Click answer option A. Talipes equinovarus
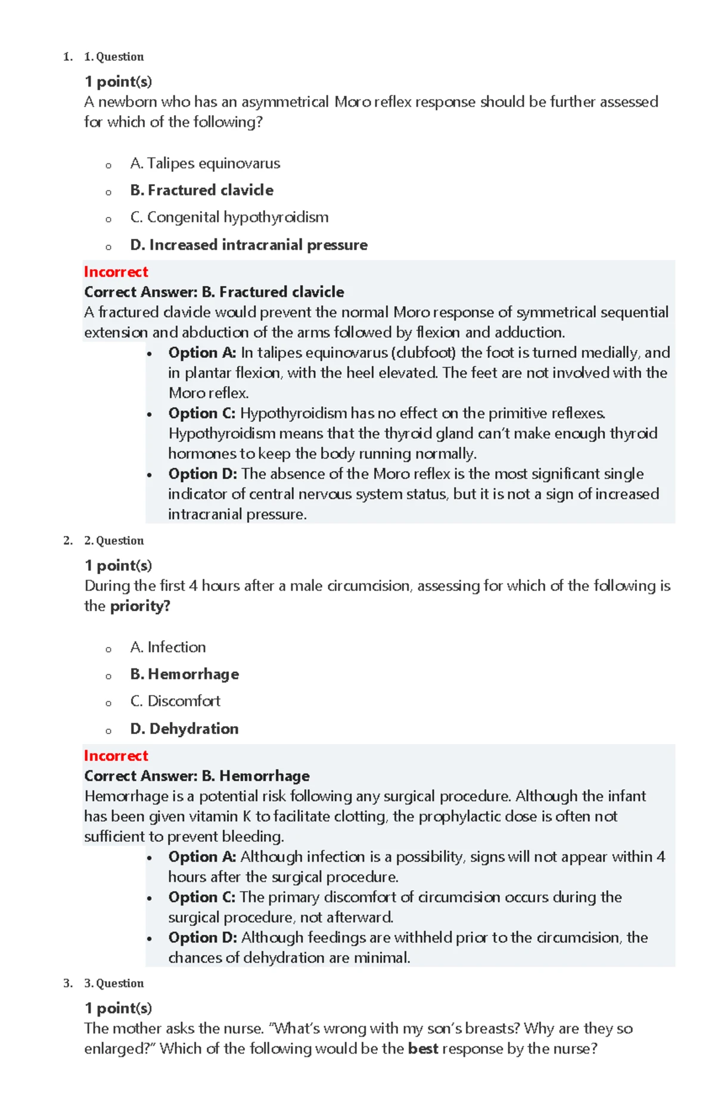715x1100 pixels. click(204, 163)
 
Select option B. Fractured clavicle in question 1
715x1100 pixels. click(201, 190)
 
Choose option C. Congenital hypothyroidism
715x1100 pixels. click(229, 217)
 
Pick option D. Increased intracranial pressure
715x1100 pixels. click(248, 244)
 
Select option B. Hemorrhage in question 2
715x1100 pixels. click(184, 674)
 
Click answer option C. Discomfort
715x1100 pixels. click(175, 701)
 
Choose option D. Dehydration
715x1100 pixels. click(184, 729)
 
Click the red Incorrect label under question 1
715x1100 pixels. click(116, 272)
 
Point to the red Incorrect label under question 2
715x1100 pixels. click(116, 755)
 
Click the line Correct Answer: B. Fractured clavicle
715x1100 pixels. click(214, 292)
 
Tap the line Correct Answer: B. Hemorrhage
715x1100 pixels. click(197, 776)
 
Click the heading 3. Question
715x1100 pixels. click(114, 983)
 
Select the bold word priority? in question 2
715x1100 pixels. click(140, 606)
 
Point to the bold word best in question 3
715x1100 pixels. click(423, 1049)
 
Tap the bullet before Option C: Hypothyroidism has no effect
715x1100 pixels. click(150, 414)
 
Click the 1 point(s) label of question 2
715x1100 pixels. click(118, 565)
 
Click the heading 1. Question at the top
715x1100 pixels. click(114, 57)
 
